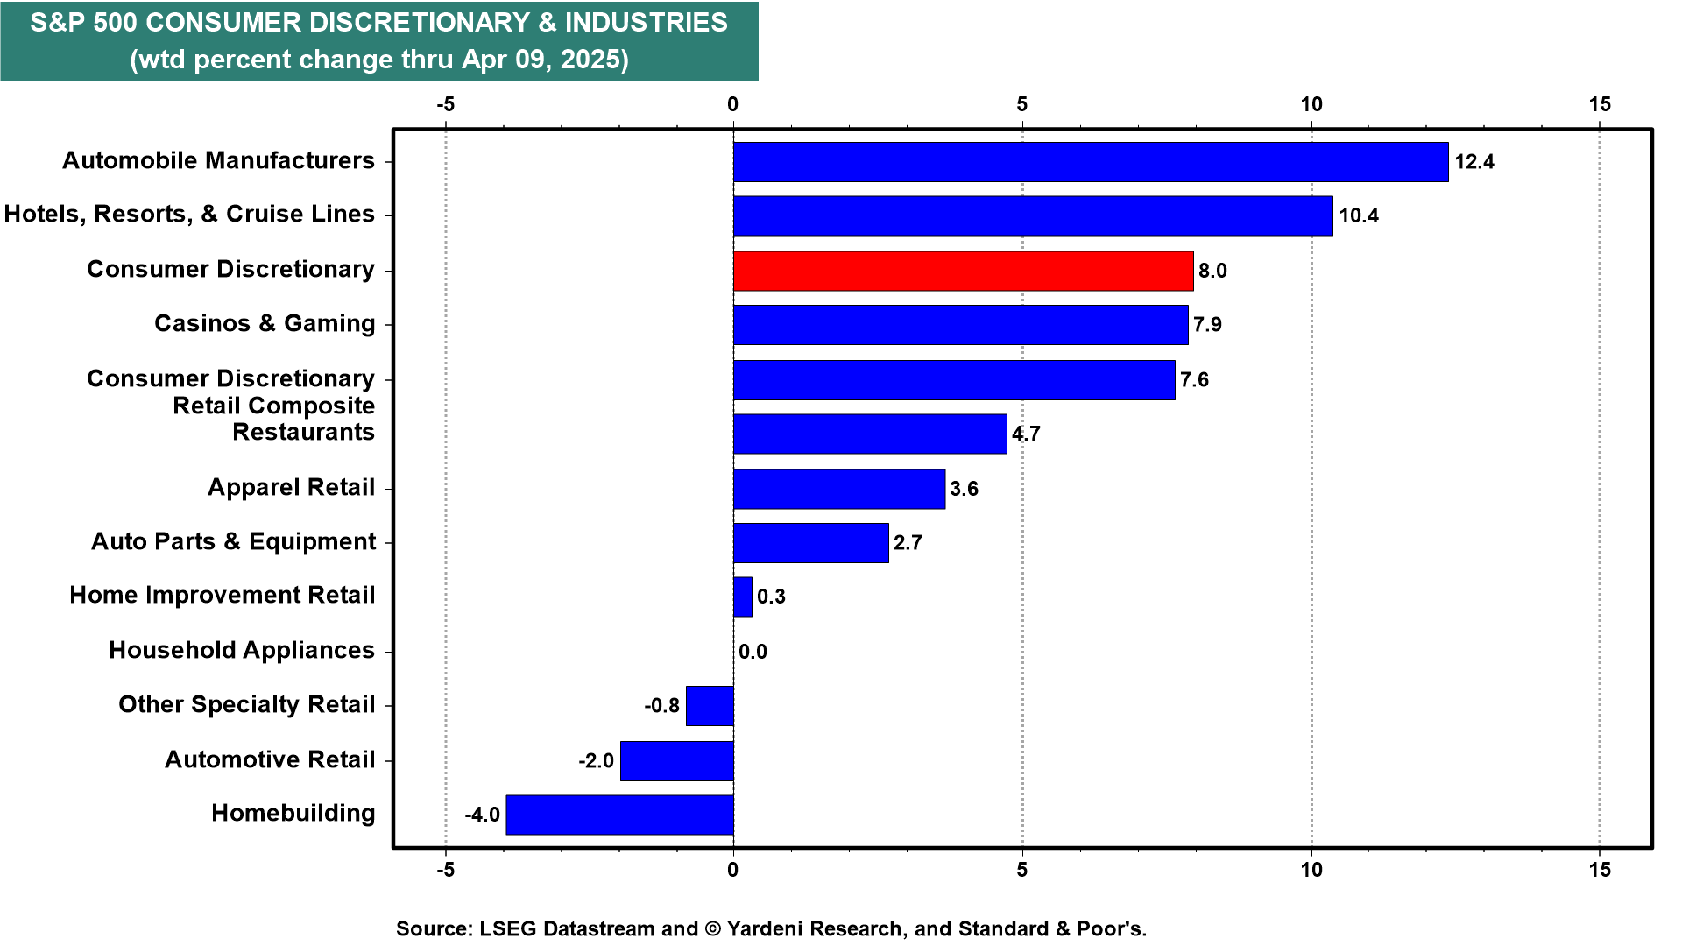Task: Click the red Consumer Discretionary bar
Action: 963,271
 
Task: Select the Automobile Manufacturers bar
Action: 1091,162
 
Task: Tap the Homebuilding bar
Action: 619,815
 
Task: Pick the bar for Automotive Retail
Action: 676,760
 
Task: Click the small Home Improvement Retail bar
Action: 742,597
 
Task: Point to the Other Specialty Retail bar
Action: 710,706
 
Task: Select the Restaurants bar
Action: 870,434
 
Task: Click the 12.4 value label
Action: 1474,162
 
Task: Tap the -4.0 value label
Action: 482,815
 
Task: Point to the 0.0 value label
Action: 753,652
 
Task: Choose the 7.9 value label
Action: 1207,325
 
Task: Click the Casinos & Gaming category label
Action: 265,323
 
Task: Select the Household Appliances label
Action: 242,650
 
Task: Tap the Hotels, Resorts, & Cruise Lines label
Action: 189,214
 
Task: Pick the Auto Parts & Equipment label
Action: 234,541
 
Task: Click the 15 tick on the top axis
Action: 1600,104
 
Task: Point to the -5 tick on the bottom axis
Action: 445,870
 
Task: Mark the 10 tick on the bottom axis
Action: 1311,870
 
